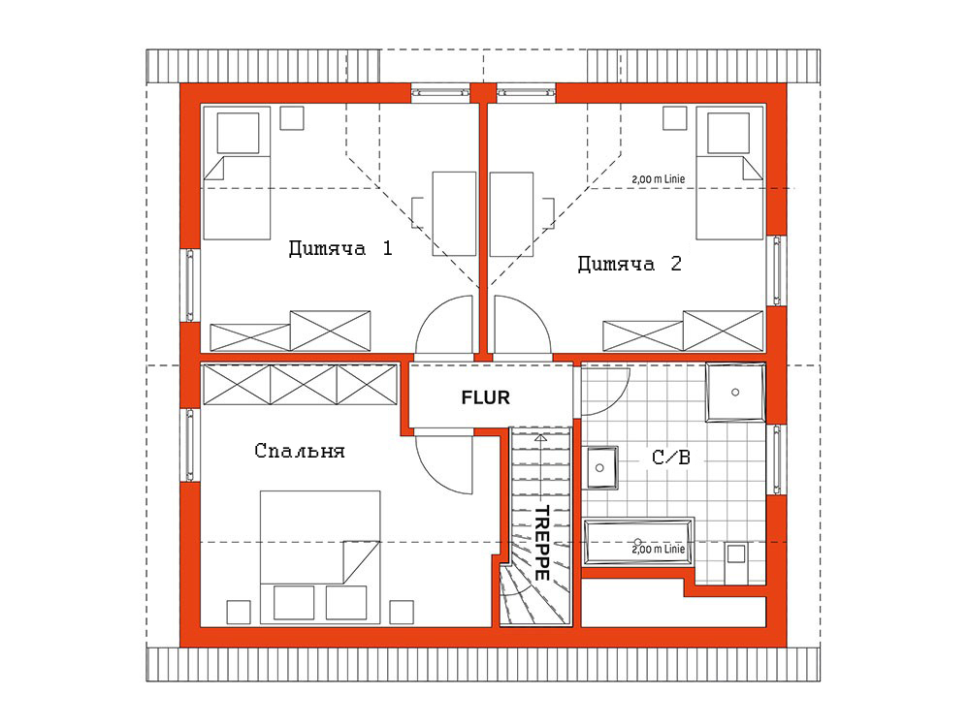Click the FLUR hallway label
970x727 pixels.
pyautogui.click(x=486, y=397)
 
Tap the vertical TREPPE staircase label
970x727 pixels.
pyautogui.click(x=542, y=543)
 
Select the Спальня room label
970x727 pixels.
pyautogui.click(x=300, y=451)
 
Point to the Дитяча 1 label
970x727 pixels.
pyautogui.click(x=340, y=248)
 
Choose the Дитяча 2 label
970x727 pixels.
pyautogui.click(x=630, y=264)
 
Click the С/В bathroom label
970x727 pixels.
pyautogui.click(x=671, y=458)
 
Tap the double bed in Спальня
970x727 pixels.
pyautogui.click(x=320, y=557)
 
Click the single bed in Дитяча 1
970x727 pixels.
pyautogui.click(x=237, y=174)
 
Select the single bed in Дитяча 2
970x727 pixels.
pyautogui.click(x=729, y=174)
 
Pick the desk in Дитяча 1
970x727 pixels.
pyautogui.click(x=454, y=214)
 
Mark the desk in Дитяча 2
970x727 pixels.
pyautogui.click(x=511, y=214)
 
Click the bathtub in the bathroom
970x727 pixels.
pyautogui.click(x=639, y=542)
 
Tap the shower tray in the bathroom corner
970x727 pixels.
pyautogui.click(x=735, y=393)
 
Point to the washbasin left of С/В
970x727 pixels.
pyautogui.click(x=600, y=467)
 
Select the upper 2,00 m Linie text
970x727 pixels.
pyautogui.click(x=659, y=179)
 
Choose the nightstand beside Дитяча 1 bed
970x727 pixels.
pyautogui.click(x=292, y=118)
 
